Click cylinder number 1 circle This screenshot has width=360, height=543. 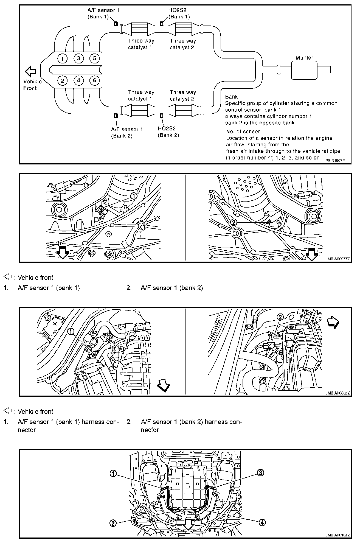[63, 58]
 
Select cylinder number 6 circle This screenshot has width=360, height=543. [94, 80]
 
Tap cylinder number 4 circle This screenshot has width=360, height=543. [78, 80]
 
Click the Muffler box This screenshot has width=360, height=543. [305, 70]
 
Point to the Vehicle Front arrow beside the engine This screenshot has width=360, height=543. [30, 72]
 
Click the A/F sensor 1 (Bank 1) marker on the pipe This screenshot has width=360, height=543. [116, 24]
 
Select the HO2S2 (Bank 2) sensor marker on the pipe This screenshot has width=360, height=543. [162, 116]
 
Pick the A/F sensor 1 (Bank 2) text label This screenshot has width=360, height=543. [127, 132]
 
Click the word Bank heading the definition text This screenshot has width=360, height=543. [231, 97]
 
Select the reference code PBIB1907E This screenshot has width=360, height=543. [335, 160]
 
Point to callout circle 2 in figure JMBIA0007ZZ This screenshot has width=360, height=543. [234, 222]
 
